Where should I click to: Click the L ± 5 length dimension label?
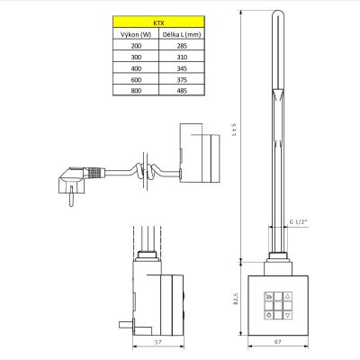point(235,130)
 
